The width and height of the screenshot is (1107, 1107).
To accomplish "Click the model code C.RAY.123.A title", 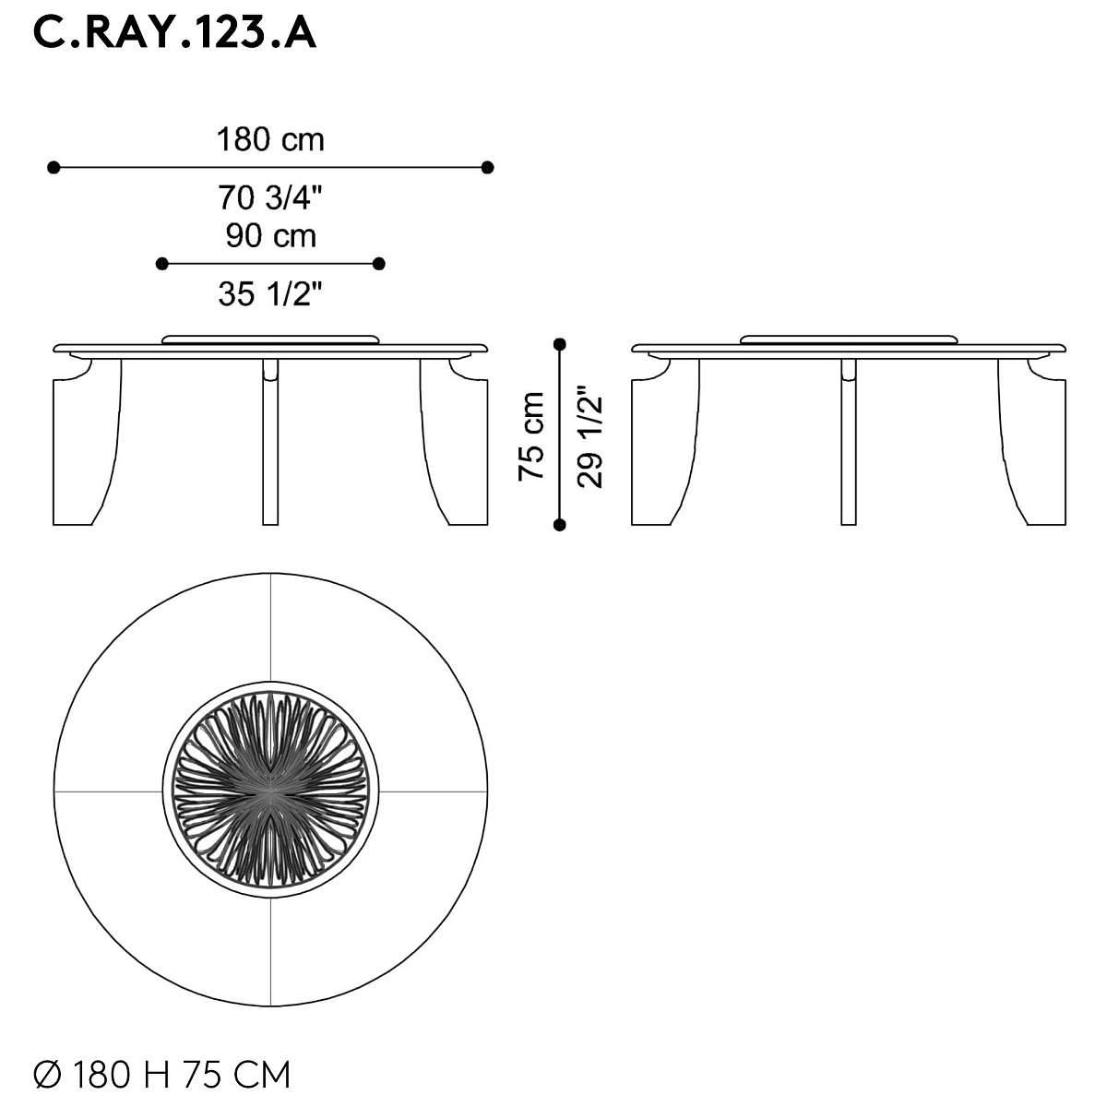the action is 174,34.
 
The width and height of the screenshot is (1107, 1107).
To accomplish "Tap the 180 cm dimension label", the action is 270,139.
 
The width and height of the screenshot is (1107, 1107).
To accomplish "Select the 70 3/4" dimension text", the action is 270,197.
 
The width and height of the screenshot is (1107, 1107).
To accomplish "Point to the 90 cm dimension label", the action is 270,236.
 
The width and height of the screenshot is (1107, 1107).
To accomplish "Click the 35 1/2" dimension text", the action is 270,294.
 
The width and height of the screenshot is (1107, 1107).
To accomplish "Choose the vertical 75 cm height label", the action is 531,436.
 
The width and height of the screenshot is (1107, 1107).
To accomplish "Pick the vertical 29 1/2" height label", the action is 590,436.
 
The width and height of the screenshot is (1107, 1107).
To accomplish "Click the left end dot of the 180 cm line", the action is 54,168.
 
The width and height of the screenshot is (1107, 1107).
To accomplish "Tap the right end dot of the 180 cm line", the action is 487,168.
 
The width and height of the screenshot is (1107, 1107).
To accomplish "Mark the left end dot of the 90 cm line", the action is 162,264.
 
